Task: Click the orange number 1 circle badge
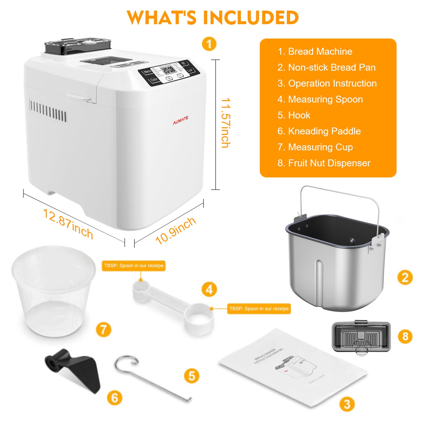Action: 209,44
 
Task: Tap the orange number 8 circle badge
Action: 405,336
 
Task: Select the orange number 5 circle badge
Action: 191,376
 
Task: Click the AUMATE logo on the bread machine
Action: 181,120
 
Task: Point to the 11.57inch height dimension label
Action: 226,123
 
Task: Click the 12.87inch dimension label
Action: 68,224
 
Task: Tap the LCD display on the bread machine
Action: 169,70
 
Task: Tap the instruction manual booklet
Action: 293,368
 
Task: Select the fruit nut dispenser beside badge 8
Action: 361,337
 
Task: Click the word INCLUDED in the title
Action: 251,18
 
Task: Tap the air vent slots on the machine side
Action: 48,111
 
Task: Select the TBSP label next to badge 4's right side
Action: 259,309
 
